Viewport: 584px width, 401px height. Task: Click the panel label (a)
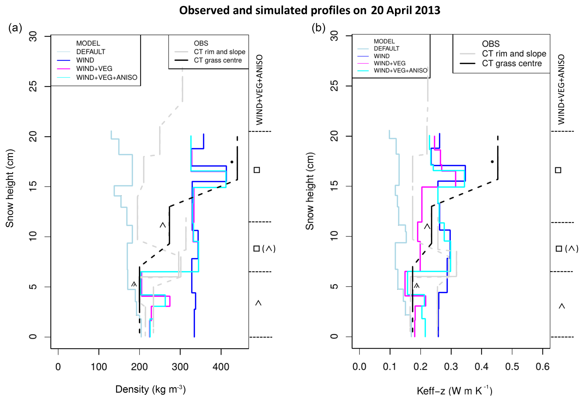click(15, 28)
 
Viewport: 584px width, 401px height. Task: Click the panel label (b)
click(318, 28)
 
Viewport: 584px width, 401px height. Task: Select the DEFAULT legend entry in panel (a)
click(90, 52)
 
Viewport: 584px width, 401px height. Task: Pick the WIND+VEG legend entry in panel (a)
click(94, 69)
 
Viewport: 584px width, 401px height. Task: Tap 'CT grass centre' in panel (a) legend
click(218, 60)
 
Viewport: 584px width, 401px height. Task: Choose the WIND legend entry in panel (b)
click(381, 56)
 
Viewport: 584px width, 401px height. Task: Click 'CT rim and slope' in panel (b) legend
click(514, 54)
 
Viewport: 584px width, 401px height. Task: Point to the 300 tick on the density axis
click(180, 367)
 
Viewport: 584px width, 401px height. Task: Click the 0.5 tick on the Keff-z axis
click(512, 367)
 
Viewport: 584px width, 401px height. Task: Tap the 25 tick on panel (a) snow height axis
click(33, 86)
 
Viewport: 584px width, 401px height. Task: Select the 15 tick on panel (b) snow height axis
click(334, 186)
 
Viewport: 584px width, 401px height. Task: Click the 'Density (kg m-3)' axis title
click(150, 389)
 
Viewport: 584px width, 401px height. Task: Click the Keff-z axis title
click(454, 391)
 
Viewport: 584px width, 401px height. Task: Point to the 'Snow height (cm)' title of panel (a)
click(10, 188)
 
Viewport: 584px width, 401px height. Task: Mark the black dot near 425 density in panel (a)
click(232, 162)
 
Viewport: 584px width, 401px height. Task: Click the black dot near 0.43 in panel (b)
click(492, 162)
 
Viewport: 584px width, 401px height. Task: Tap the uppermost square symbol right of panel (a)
click(257, 170)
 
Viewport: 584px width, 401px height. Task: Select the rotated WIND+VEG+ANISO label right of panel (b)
click(561, 89)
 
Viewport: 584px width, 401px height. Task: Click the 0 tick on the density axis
click(58, 367)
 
